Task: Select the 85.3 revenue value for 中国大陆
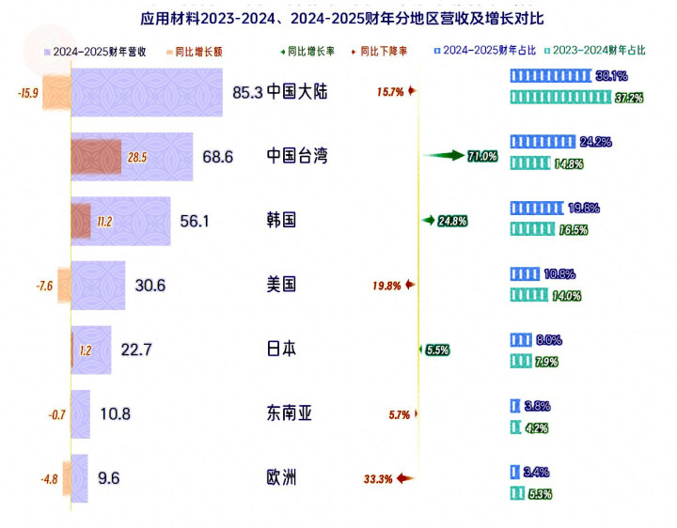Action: coord(247,92)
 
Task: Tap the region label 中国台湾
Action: coord(297,156)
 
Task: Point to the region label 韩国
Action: coord(282,220)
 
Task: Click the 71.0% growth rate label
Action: coord(482,156)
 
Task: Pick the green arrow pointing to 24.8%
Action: coord(430,221)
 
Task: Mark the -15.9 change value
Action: coord(28,92)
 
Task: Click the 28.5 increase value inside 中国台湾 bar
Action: coord(137,157)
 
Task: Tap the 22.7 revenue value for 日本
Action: coord(136,349)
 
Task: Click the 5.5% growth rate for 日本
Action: coord(437,349)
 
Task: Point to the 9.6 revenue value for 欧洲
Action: coord(109,478)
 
